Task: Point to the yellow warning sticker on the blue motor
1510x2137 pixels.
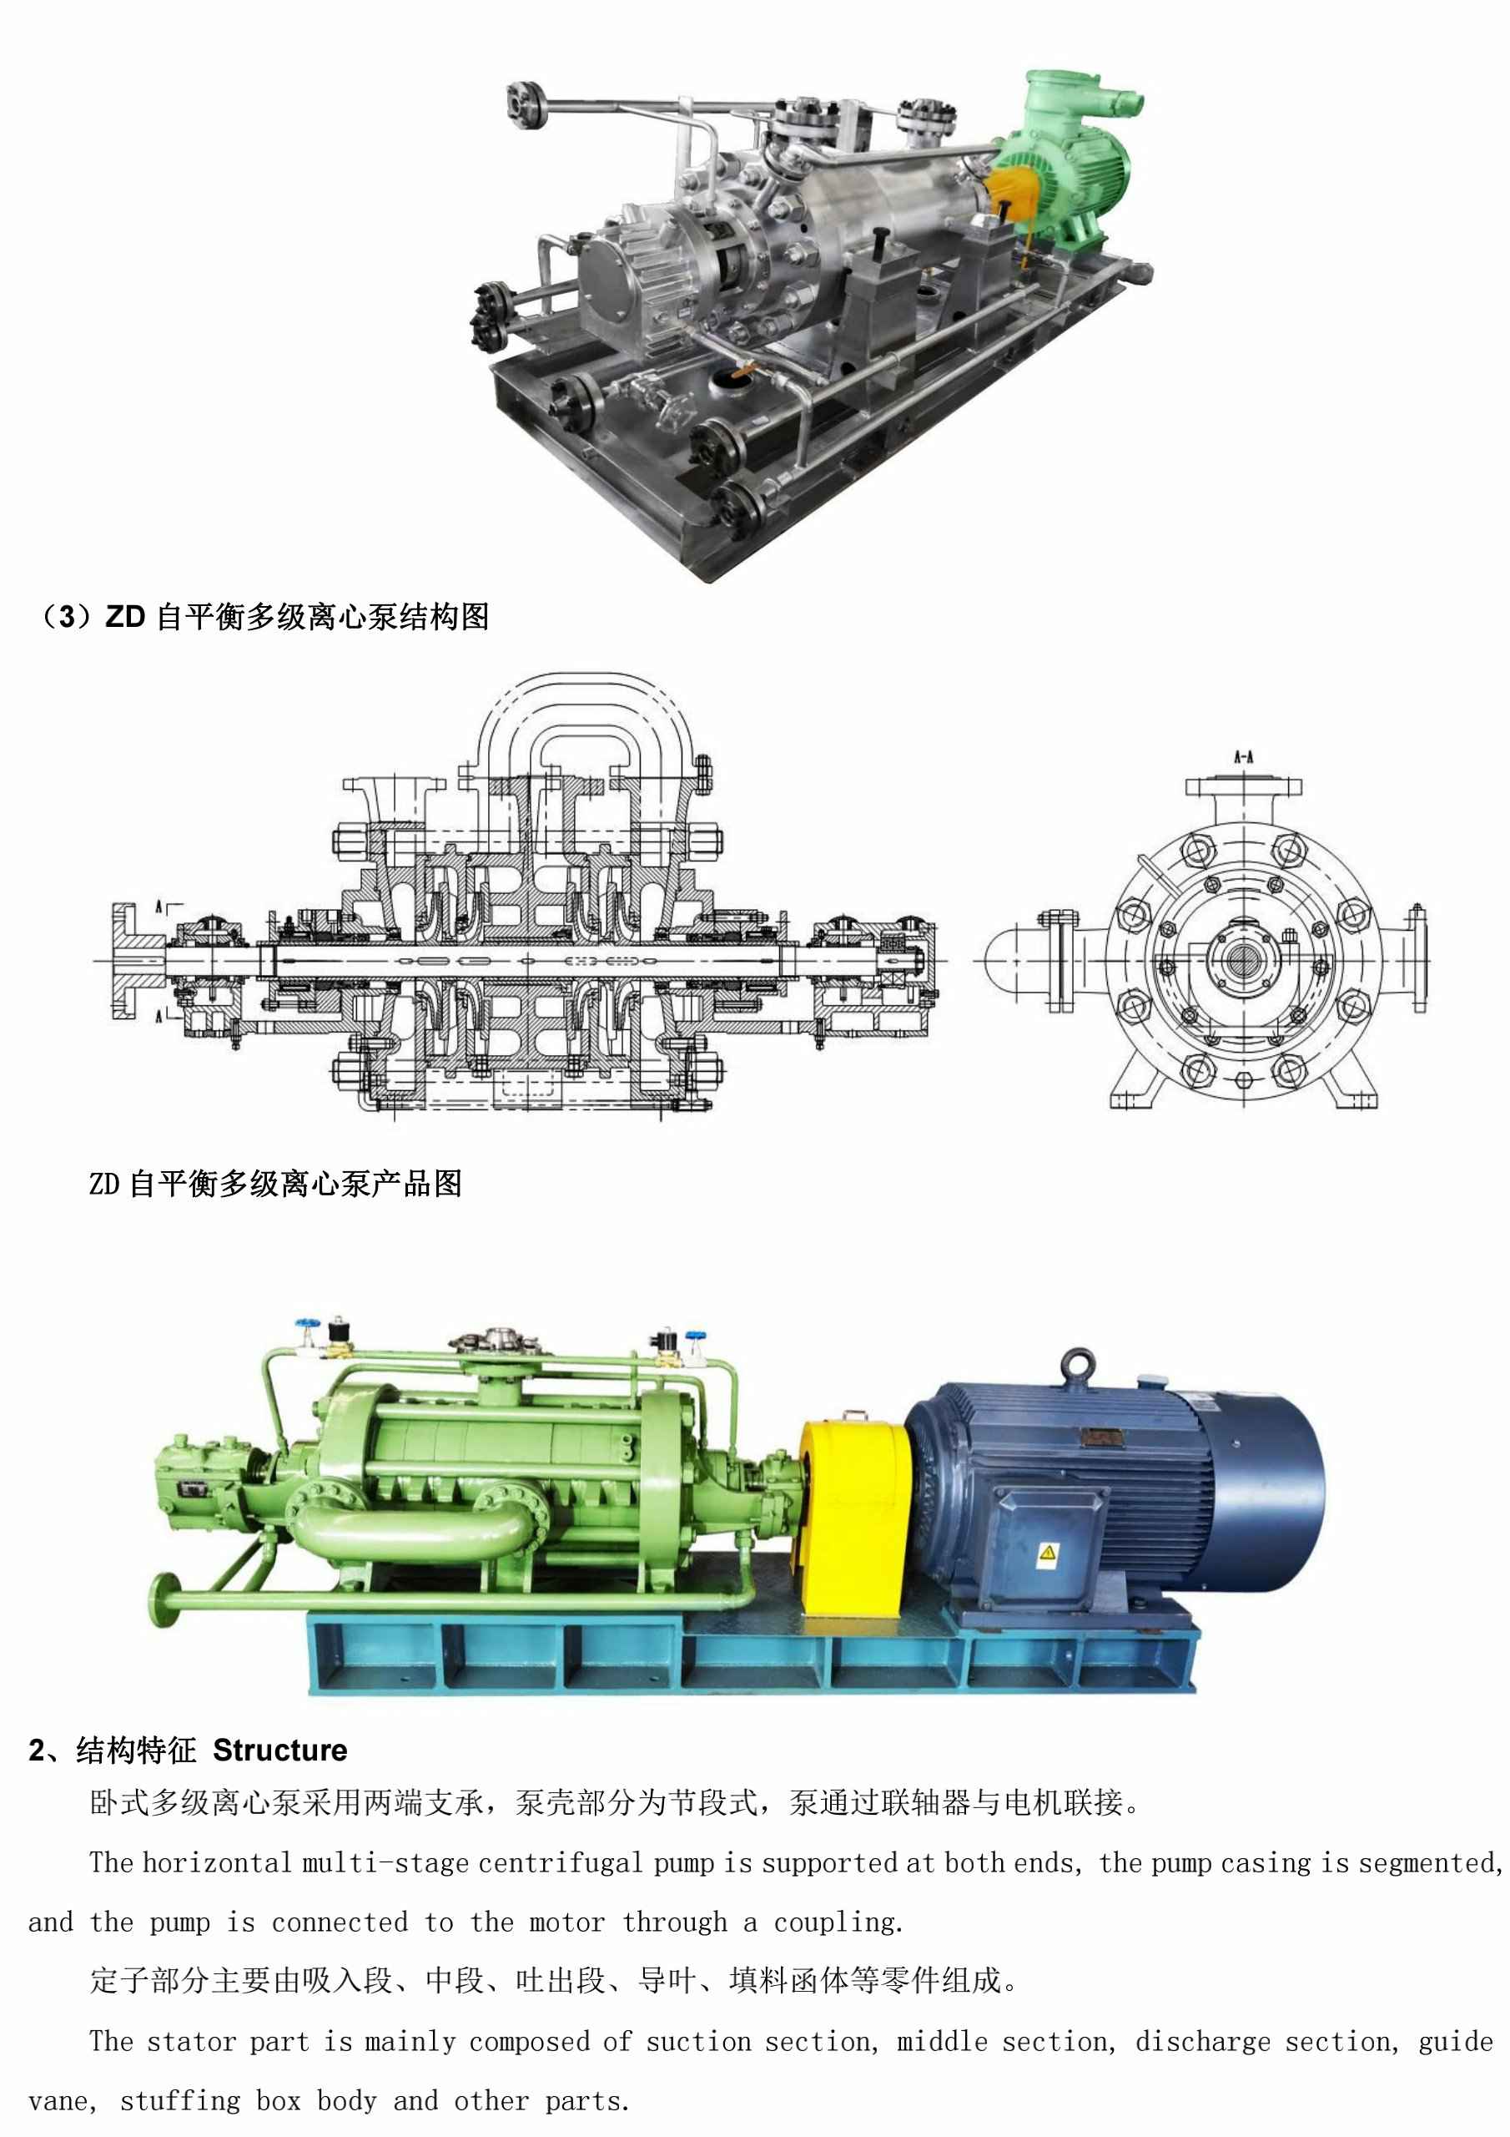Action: pyautogui.click(x=1048, y=1552)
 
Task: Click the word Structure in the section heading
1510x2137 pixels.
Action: pyautogui.click(x=280, y=1751)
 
